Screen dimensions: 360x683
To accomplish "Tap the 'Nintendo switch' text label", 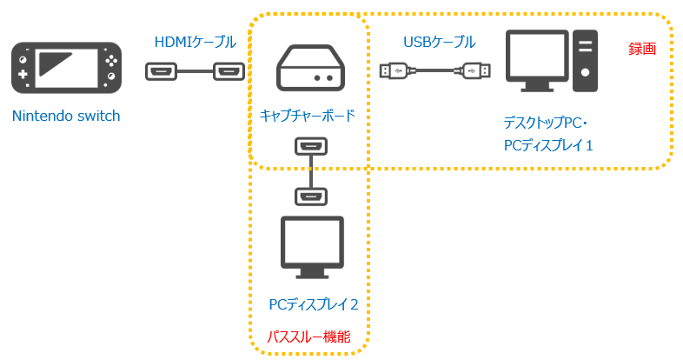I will coord(66,116).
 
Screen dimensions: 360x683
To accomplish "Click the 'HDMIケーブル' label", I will coord(193,42).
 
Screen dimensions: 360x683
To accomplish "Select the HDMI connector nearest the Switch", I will coord(162,71).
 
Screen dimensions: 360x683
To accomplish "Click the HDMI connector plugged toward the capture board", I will coord(229,71).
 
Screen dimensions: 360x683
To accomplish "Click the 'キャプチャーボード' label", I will coord(308,114).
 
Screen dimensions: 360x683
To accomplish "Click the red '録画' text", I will coord(641,50).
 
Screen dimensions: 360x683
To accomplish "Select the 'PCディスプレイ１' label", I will coord(548,144).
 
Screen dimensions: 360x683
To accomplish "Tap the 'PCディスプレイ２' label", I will coord(314,303).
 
